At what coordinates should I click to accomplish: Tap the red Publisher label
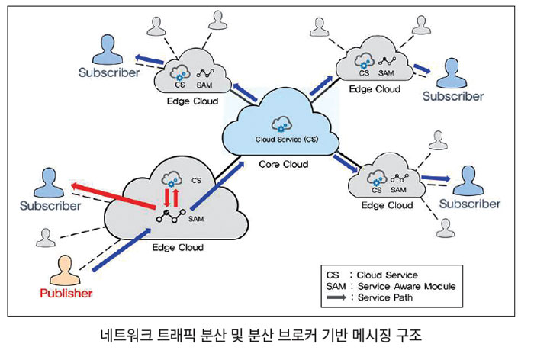pos(67,294)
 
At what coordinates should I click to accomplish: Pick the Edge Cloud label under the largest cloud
pos(178,248)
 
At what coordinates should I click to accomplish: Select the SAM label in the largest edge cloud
pos(197,219)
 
